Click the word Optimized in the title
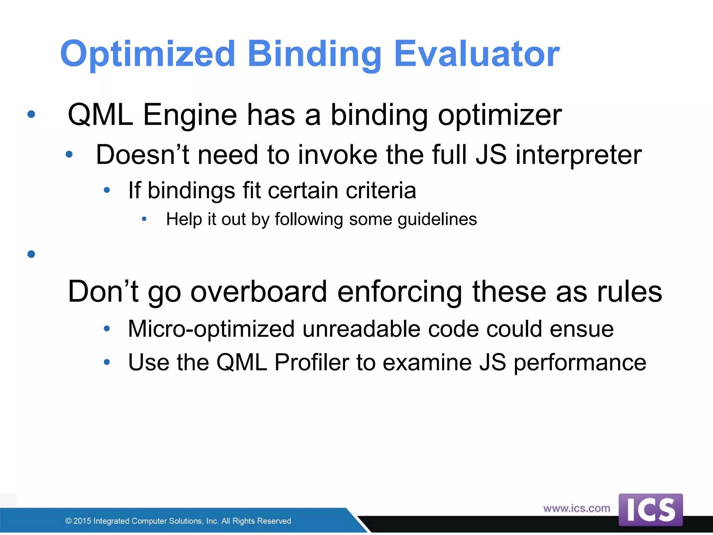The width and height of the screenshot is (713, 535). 148,54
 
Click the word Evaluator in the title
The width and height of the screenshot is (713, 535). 477,54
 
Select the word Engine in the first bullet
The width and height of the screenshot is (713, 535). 190,115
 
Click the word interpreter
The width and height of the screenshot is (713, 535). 578,155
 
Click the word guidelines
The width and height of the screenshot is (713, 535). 437,220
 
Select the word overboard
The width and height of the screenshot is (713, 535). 259,292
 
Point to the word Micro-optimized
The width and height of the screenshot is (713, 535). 211,329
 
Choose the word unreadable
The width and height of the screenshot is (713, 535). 361,329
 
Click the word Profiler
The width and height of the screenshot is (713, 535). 312,363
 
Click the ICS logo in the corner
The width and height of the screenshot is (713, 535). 650,510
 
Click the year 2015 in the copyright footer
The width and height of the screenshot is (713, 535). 83,521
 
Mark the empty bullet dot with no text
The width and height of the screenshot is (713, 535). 31,254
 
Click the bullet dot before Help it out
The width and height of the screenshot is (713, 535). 144,219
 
